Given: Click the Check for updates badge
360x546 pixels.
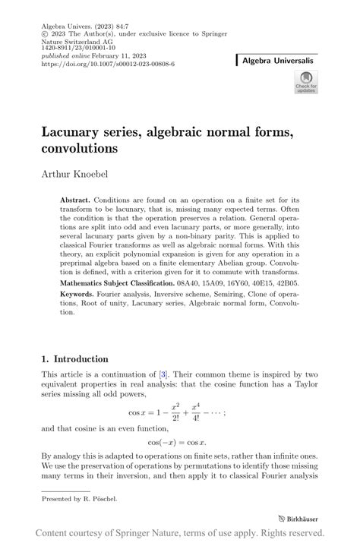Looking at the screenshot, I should point(306,83).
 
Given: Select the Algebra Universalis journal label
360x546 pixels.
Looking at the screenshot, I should point(282,59).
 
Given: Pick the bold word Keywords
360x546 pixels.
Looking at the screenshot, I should point(79,293).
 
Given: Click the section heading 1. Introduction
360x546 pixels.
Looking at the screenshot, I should point(74,359).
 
